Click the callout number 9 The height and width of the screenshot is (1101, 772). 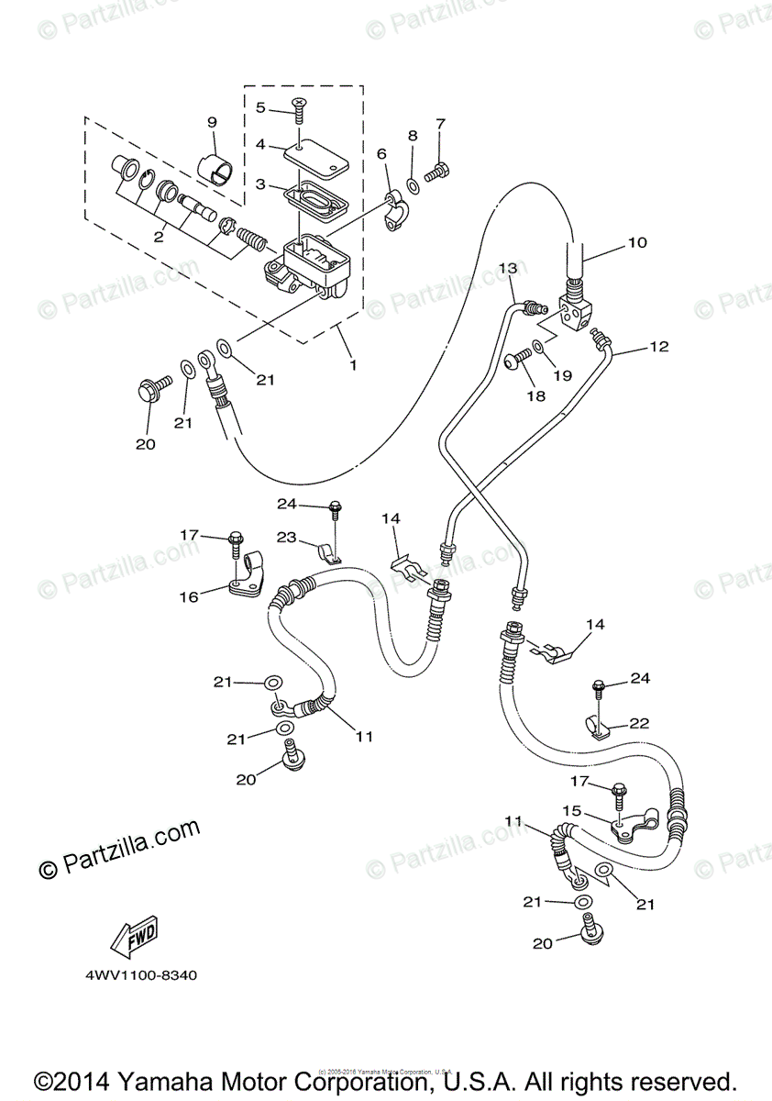(x=212, y=122)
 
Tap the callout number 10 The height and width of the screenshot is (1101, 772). (x=637, y=243)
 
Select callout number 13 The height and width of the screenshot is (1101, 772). (x=509, y=267)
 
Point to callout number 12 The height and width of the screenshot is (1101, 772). (x=659, y=347)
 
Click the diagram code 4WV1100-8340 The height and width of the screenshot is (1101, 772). (x=135, y=975)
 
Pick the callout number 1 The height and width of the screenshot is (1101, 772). (x=352, y=363)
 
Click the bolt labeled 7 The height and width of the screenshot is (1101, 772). (x=440, y=170)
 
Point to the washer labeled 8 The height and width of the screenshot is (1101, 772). (x=413, y=187)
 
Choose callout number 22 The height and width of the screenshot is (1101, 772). (x=640, y=723)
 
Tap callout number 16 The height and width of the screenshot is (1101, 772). (x=188, y=597)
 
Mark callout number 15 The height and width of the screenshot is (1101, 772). (x=572, y=811)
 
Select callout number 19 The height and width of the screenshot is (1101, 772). (x=562, y=374)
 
